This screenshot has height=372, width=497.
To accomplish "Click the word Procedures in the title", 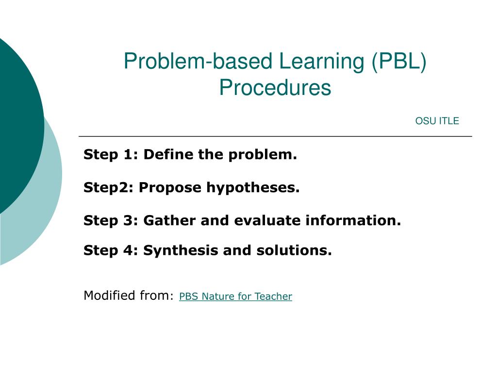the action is click(275, 87).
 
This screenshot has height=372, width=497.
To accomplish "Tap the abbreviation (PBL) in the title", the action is click(399, 61).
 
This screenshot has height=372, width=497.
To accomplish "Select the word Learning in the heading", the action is click(322, 62).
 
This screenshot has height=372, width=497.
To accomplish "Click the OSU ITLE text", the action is click(437, 121).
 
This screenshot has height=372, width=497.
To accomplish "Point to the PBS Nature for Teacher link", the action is click(235, 296).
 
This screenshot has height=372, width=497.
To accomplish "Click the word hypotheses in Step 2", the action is click(253, 187).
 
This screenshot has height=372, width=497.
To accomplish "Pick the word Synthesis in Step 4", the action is click(181, 250).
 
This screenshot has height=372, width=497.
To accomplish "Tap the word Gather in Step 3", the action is click(169, 220).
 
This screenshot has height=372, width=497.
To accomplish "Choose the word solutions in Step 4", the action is click(294, 250).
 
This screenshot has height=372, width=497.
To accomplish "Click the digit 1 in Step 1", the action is click(128, 155).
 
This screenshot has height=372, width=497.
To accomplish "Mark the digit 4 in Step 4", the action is click(128, 250).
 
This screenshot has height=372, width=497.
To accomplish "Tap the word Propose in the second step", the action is click(170, 187).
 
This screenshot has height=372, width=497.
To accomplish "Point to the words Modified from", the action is click(129, 295).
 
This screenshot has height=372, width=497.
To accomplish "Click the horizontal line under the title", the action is click(276, 136).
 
